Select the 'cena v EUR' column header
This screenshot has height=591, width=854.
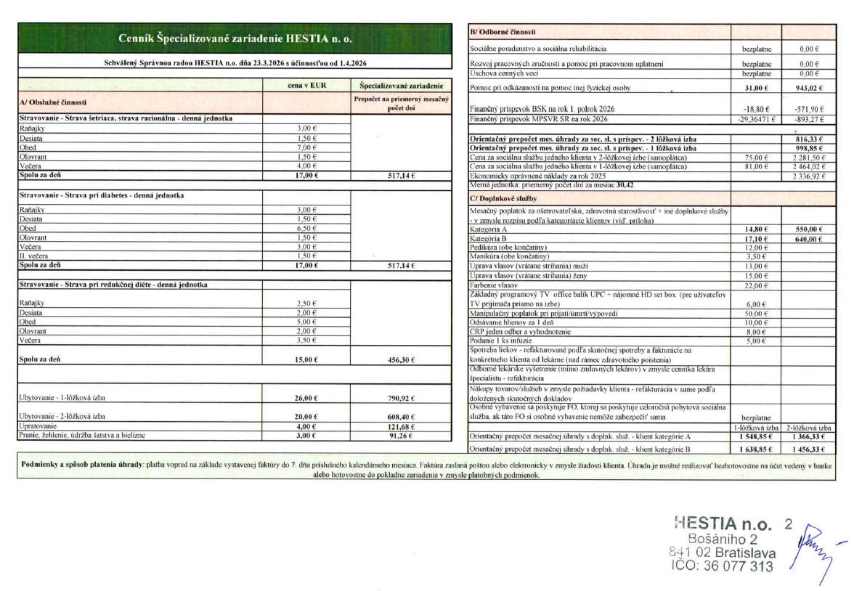click(x=306, y=85)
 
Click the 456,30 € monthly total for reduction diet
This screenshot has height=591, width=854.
click(x=401, y=359)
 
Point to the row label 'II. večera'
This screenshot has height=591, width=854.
click(x=33, y=256)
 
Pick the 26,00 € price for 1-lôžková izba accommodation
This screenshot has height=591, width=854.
click(x=306, y=397)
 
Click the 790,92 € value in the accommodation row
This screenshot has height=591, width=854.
click(x=401, y=397)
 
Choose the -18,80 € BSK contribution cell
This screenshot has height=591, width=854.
click(x=755, y=109)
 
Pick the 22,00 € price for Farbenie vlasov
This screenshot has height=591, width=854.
click(x=756, y=285)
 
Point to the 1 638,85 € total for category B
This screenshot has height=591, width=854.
click(x=756, y=450)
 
